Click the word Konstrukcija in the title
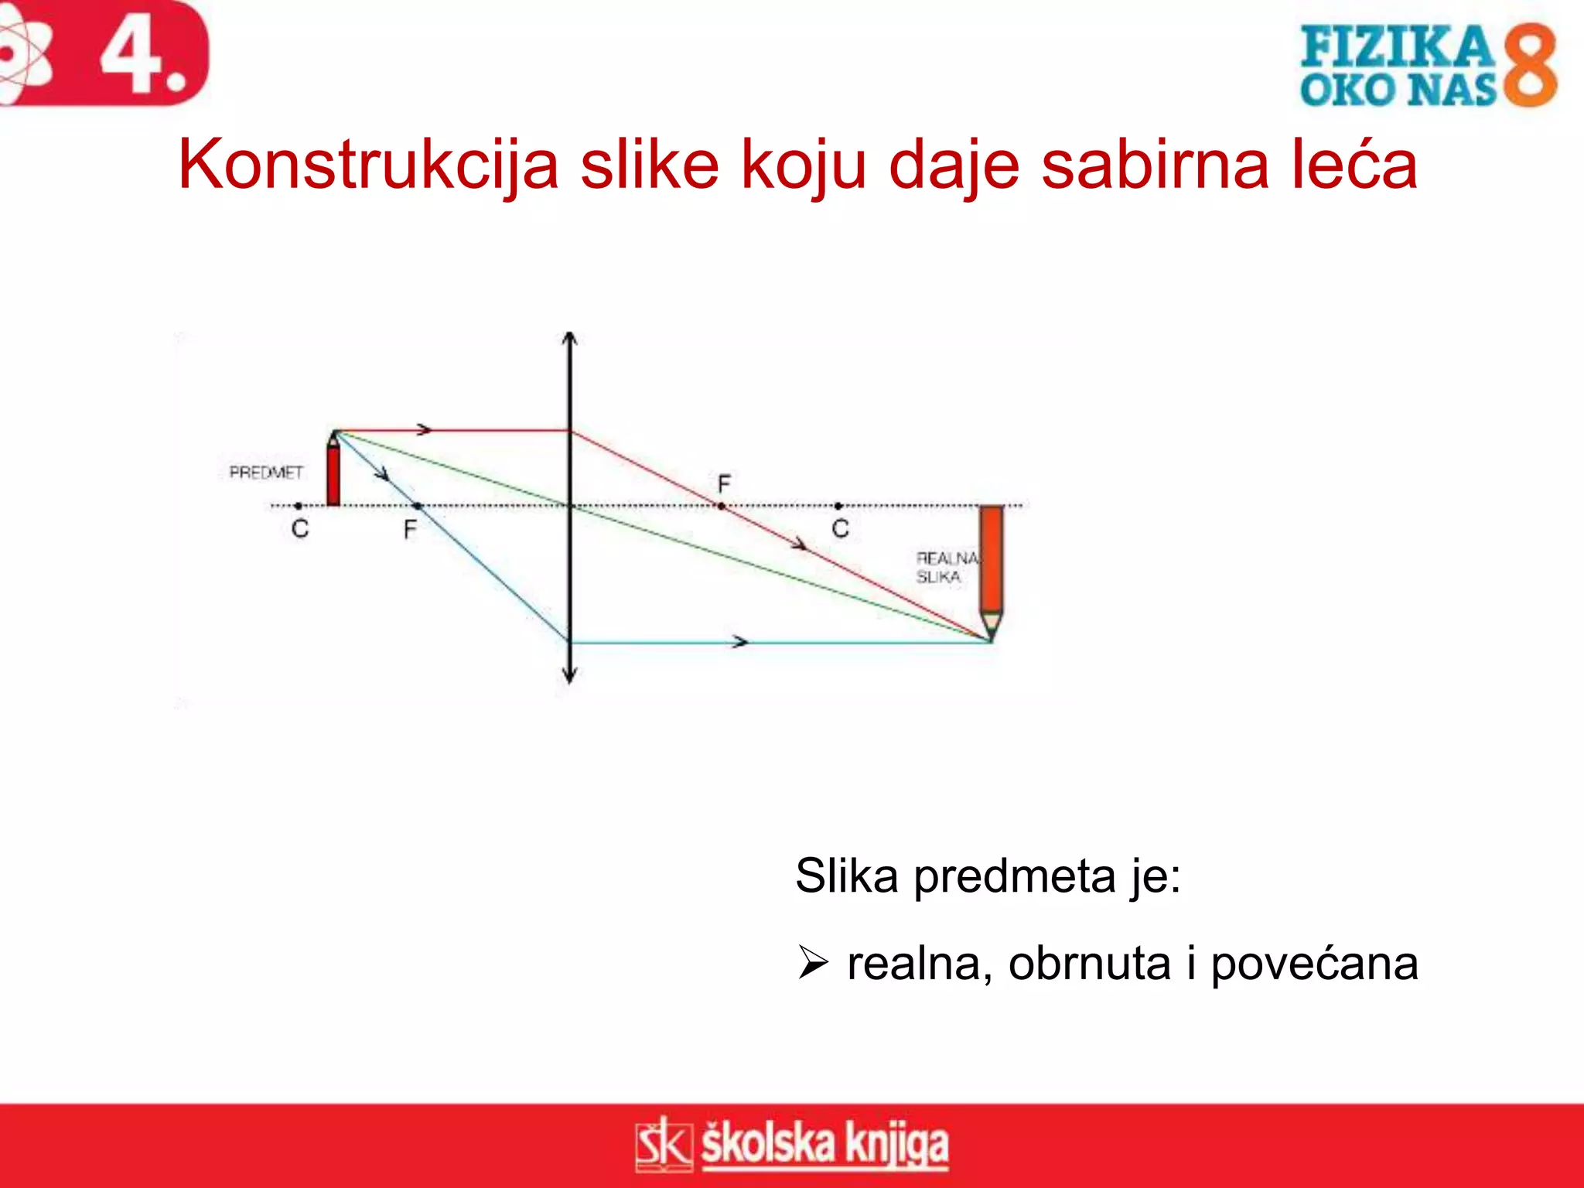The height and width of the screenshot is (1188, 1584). coord(368,165)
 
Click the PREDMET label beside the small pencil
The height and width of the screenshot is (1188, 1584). coord(266,472)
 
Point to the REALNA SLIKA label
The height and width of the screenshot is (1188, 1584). coord(945,568)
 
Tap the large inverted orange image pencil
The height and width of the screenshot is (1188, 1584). coord(991,568)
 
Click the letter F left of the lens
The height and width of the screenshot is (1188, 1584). coord(410,530)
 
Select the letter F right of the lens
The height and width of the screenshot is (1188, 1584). coord(724,484)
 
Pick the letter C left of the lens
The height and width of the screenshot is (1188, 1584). coord(300,529)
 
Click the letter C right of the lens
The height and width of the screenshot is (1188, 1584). coord(841,529)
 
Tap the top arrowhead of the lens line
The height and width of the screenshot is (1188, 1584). coord(570,338)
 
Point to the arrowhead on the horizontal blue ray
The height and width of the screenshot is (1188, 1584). coord(741,642)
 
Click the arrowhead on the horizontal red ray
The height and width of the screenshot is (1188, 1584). coord(424,430)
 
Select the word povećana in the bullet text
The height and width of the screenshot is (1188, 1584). coord(1314,964)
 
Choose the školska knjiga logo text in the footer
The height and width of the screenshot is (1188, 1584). coord(824,1145)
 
